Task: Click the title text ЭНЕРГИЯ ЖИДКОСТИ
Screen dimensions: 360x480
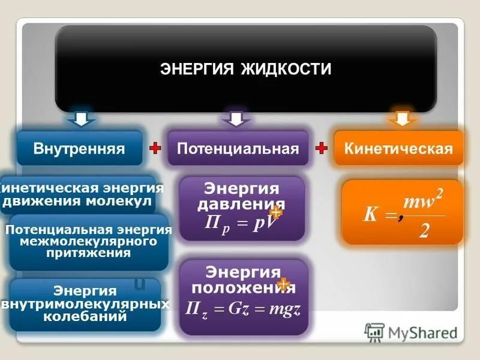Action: click(246, 69)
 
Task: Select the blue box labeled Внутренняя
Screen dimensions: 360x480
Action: click(79, 148)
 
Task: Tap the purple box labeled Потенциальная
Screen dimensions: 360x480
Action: click(237, 148)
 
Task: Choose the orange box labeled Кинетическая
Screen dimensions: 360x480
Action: click(398, 148)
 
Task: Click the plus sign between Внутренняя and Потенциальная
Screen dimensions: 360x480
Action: click(155, 148)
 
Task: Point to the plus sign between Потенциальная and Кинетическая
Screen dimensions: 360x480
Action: click(321, 148)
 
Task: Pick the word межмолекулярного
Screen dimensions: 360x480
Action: click(88, 241)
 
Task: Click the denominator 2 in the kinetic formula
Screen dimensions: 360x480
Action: click(424, 231)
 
